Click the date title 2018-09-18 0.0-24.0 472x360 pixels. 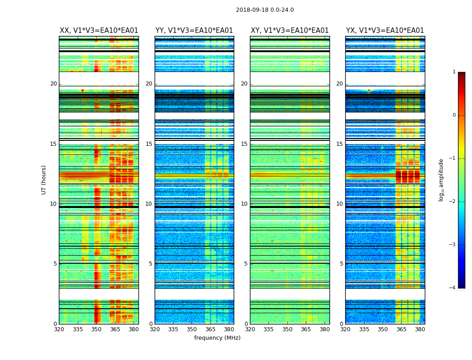pyautogui.click(x=265, y=10)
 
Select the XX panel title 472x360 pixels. pyautogui.click(x=99, y=31)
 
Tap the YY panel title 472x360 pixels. pyautogui.click(x=194, y=31)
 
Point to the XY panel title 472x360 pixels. pyautogui.click(x=289, y=31)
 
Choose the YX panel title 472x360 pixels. pyautogui.click(x=385, y=31)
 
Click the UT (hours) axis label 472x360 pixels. pyautogui.click(x=44, y=180)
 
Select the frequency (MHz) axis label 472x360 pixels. pyautogui.click(x=217, y=338)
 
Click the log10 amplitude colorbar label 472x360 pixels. pyautogui.click(x=441, y=180)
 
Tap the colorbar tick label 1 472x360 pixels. pyautogui.click(x=454, y=72)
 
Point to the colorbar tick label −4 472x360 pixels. pyautogui.click(x=453, y=288)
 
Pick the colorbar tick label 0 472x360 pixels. pyautogui.click(x=454, y=115)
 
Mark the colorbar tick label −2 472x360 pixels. pyautogui.click(x=453, y=202)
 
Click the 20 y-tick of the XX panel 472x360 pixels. pyautogui.click(x=53, y=84)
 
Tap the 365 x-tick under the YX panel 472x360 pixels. pyautogui.click(x=401, y=329)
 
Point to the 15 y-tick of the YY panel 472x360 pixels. pyautogui.click(x=149, y=144)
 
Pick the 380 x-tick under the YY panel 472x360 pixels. pyautogui.click(x=229, y=329)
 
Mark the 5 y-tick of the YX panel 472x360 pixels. pyautogui.click(x=341, y=264)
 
